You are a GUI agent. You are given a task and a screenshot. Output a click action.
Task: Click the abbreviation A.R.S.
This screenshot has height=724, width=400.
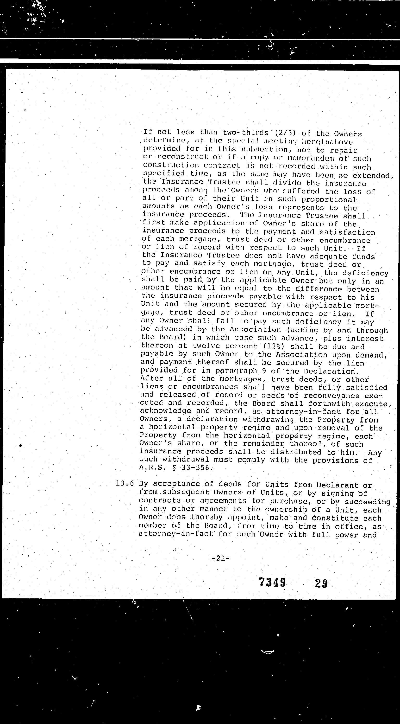point(149,468)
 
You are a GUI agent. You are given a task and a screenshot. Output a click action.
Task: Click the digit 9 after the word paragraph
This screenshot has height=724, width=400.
point(264,371)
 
